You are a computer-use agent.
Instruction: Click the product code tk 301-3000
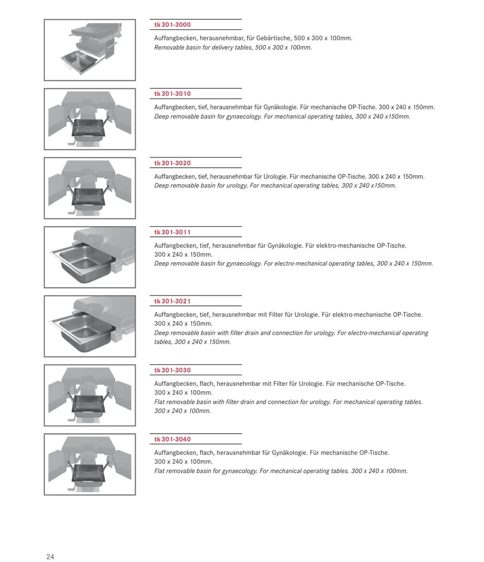172,25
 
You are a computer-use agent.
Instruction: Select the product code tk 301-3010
172,94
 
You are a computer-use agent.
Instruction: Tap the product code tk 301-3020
172,163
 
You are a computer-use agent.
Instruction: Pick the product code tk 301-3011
172,232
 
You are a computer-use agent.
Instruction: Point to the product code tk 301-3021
172,301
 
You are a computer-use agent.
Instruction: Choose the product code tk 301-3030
172,370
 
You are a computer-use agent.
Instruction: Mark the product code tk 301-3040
172,439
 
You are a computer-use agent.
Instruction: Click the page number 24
50,556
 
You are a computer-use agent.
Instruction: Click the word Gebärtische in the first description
273,38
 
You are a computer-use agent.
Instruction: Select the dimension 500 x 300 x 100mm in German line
323,38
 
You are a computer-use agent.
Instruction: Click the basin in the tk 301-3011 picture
83,262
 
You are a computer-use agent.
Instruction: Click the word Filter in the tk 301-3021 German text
276,315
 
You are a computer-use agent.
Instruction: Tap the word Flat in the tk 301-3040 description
159,471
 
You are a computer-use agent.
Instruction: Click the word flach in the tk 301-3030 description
207,384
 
